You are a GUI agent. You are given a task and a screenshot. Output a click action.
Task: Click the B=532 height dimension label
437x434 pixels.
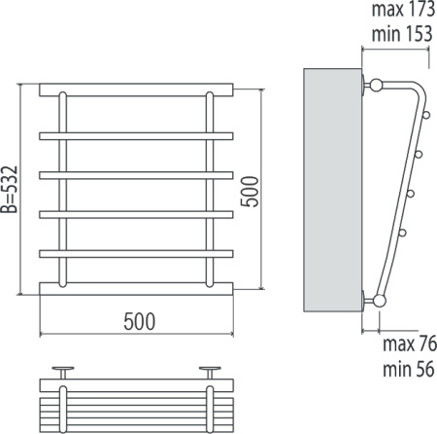9,190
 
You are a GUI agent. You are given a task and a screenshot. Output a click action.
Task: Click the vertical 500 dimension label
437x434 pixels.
250,192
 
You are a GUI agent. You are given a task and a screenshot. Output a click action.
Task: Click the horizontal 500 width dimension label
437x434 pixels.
140,321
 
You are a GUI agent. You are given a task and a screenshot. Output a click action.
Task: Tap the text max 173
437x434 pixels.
403,9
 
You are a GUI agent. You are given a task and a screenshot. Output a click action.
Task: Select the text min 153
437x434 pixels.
402,34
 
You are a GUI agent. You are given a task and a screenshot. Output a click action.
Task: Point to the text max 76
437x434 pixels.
410,344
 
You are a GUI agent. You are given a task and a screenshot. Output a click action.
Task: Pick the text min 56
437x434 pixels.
409,369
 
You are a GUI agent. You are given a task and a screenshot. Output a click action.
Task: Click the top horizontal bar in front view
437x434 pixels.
136,90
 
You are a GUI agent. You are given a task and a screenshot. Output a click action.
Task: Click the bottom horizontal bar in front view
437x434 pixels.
136,289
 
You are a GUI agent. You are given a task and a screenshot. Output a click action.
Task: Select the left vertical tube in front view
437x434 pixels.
63,190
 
